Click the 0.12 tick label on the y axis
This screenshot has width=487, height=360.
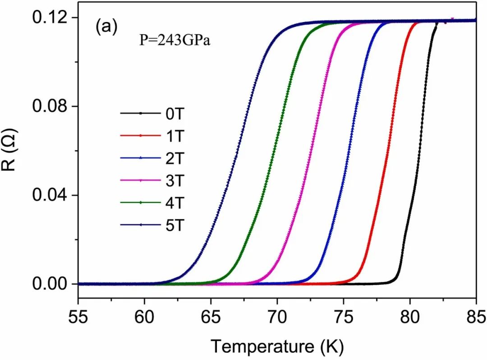[48, 18]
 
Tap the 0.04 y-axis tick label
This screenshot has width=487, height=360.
[48, 195]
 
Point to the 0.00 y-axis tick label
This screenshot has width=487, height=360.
[48, 284]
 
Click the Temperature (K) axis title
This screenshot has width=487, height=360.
[277, 346]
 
